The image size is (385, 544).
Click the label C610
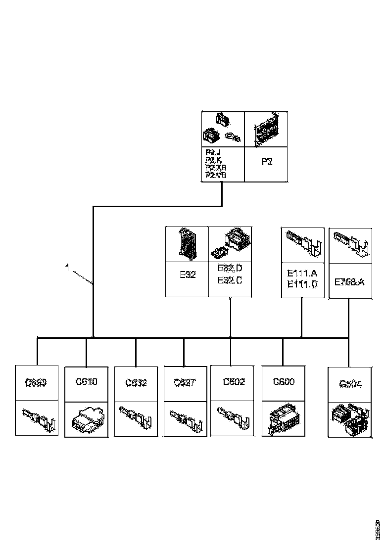tap(87, 382)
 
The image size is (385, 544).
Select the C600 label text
tap(284, 382)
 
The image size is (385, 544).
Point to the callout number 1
tap(67, 268)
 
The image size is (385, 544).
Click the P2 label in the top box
tap(267, 162)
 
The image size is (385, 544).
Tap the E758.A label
tap(350, 282)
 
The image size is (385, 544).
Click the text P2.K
tap(213, 160)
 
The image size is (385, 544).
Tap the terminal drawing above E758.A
tap(350, 244)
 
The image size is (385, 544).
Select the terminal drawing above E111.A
tap(302, 244)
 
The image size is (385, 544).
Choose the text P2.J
tap(213, 152)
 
